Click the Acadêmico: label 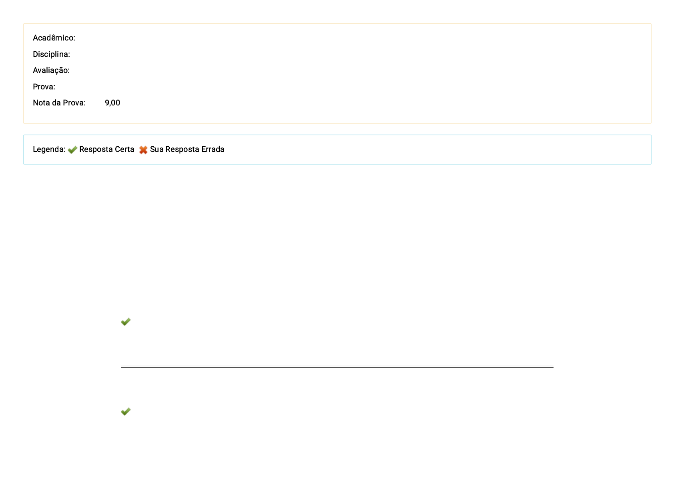[x=54, y=38]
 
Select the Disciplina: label [x=51, y=54]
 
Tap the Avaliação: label [x=51, y=70]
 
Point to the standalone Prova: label [x=44, y=87]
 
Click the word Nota [x=41, y=103]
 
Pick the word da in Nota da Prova [x=56, y=103]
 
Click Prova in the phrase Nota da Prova [x=74, y=103]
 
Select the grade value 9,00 [x=112, y=103]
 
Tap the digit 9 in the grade [x=107, y=103]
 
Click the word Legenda [x=49, y=149]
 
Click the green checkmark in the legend [x=72, y=150]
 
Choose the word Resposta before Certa [x=96, y=149]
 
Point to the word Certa [x=124, y=149]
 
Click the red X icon [x=143, y=150]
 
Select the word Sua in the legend [x=156, y=149]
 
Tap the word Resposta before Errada [x=182, y=149]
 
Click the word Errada [x=213, y=149]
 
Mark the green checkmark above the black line [x=126, y=321]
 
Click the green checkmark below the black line [x=126, y=411]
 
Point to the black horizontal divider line [x=337, y=367]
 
